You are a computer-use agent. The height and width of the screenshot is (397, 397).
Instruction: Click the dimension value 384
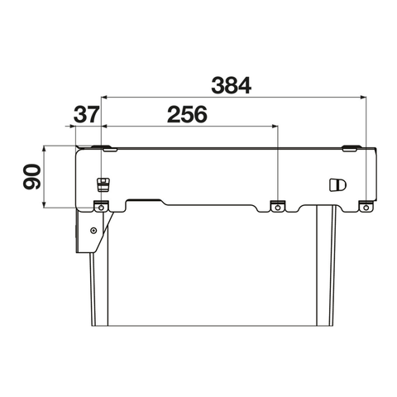coord(231,85)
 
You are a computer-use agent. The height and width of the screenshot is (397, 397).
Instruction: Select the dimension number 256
coord(187,114)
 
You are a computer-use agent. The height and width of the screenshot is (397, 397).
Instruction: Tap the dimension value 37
coord(86,114)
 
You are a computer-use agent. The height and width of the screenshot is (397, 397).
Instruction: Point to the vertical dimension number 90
coord(31,177)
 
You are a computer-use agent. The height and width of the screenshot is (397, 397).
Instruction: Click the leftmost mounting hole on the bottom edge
coord(101,208)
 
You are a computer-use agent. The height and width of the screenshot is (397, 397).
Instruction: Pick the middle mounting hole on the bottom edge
coord(278,208)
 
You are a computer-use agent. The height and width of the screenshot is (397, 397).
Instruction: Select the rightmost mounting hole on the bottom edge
coord(366,208)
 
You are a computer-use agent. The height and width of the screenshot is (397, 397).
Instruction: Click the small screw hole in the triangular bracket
coord(94,230)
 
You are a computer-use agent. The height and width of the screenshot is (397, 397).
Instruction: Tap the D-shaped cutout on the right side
coord(337,184)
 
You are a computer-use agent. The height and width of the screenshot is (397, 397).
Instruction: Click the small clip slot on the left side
coord(103,184)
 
